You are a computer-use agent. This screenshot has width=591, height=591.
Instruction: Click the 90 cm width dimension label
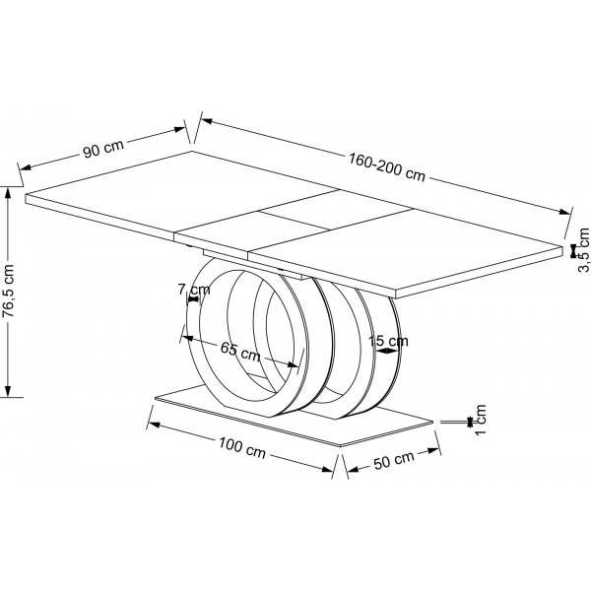(x=102, y=150)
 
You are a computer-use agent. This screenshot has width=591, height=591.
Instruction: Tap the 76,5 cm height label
(x=9, y=292)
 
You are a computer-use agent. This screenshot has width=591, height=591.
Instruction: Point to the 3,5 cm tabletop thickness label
(x=583, y=250)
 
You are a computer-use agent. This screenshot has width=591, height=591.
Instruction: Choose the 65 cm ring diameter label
(x=240, y=350)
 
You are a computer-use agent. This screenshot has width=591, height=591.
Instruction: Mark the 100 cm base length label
(x=242, y=450)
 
